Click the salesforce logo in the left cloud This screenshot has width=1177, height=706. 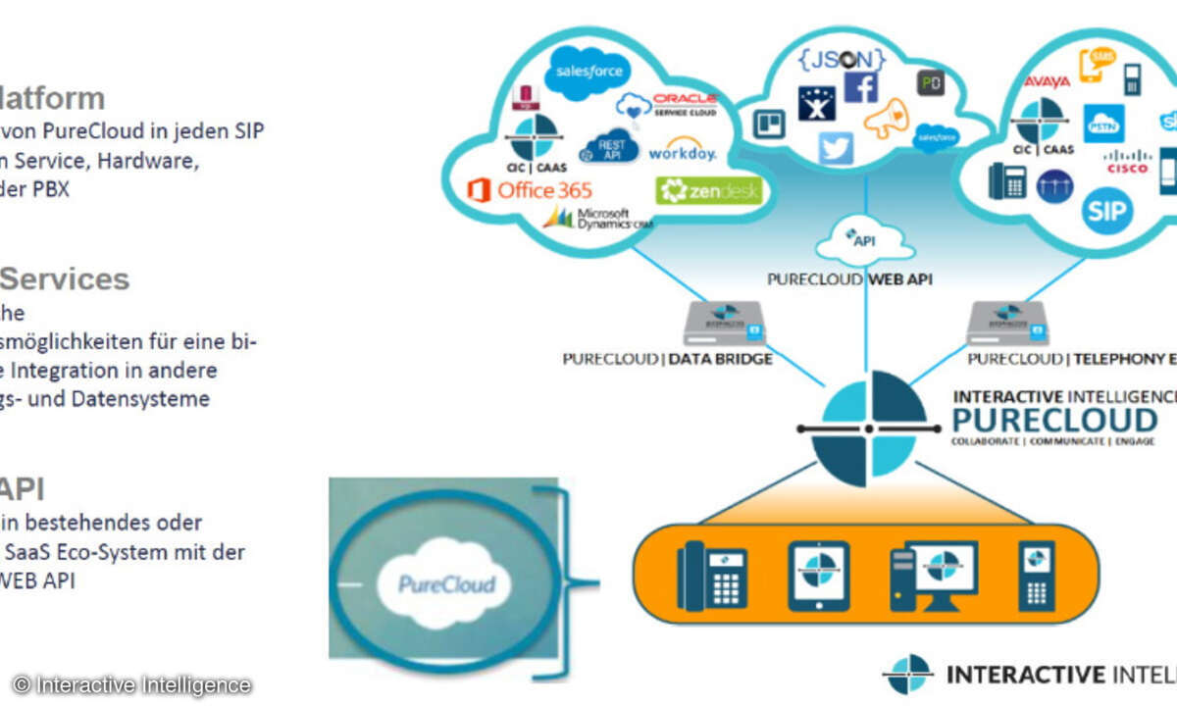tap(588, 72)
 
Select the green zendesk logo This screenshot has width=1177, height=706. tap(709, 190)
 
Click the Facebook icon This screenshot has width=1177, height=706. tap(860, 87)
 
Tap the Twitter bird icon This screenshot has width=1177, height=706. tap(837, 147)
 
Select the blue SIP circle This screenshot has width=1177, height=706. tap(1107, 210)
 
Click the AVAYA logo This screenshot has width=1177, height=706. tap(1047, 81)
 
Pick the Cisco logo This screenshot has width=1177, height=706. tap(1127, 161)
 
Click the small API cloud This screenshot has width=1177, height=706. tap(864, 238)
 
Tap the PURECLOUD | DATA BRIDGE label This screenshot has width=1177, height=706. tap(667, 359)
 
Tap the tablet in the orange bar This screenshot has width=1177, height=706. tap(819, 576)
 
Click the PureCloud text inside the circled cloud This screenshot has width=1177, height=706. tap(446, 585)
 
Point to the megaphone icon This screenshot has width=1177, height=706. tap(887, 119)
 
